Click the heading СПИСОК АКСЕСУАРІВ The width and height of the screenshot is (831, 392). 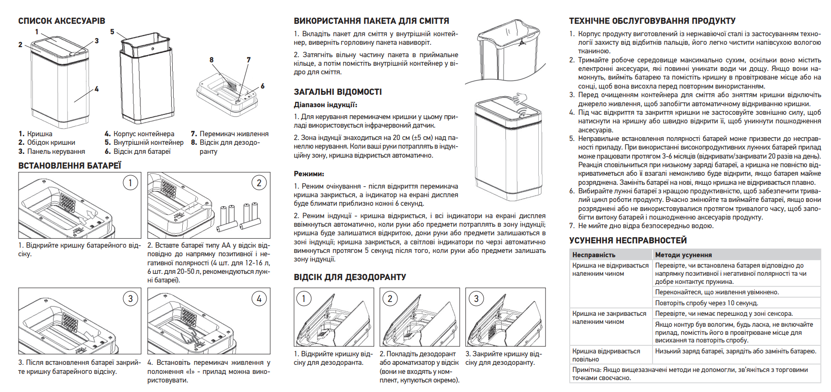(61, 21)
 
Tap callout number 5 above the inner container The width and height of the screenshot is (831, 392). (112, 32)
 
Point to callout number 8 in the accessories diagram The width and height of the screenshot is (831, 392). (211, 60)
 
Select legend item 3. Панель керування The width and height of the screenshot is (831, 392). (52, 151)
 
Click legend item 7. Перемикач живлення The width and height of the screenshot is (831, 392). (229, 134)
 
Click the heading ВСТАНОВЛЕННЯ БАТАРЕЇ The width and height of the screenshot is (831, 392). (69, 166)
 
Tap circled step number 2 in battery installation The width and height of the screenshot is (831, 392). (259, 183)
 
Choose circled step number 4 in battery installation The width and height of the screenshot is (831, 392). (259, 299)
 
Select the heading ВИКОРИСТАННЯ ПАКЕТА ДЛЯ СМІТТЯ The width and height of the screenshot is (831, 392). (371, 21)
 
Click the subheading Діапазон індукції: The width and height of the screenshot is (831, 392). (325, 105)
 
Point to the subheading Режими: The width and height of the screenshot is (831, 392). (308, 174)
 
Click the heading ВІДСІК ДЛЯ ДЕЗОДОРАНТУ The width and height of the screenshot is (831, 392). (350, 277)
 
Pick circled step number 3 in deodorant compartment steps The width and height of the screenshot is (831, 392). (476, 299)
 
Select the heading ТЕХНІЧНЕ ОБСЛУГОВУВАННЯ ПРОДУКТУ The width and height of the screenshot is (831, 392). (652, 21)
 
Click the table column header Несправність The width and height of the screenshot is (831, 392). (594, 255)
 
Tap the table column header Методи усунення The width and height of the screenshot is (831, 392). (683, 255)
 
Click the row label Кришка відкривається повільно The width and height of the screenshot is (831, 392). (606, 355)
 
